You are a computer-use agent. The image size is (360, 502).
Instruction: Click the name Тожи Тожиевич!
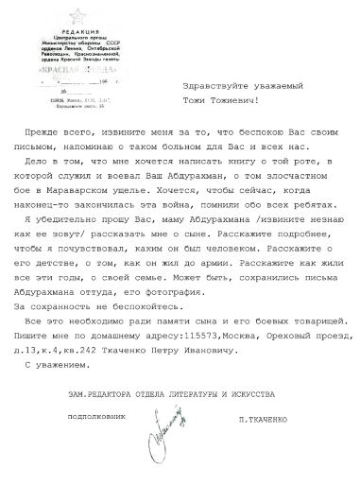(x=227, y=98)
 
